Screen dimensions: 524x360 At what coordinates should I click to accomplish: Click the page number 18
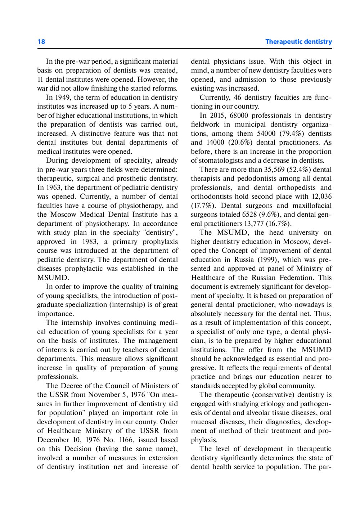click(x=41, y=42)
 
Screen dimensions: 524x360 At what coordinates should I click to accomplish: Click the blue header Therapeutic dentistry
click(x=298, y=42)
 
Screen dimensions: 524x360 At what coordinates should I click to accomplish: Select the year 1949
click(x=63, y=98)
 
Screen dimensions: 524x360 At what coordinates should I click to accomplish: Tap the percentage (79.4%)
click(x=292, y=134)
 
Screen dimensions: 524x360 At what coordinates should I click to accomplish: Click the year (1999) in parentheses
click(x=267, y=260)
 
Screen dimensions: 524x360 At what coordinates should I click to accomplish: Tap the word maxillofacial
click(x=312, y=206)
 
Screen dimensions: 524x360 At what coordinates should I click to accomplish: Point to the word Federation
click(x=296, y=278)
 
